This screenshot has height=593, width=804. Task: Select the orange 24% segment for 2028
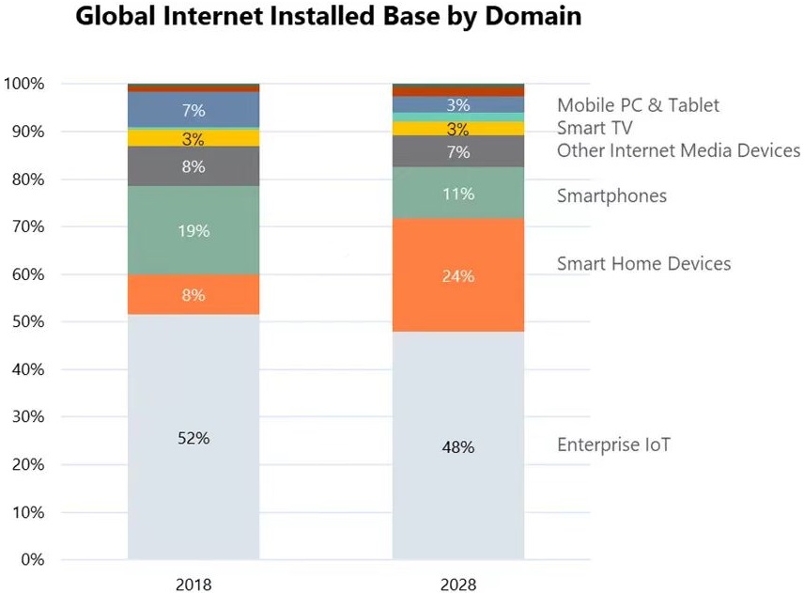tap(458, 276)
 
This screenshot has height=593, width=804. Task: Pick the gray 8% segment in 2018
tap(193, 166)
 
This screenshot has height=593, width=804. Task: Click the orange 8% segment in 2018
tap(193, 295)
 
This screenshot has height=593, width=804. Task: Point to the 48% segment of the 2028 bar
tap(458, 447)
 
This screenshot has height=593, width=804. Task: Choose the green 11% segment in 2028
tap(458, 194)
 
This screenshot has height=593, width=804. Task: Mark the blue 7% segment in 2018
tap(193, 110)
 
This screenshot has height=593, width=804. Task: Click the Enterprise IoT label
tap(613, 445)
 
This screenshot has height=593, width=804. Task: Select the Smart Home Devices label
tap(643, 263)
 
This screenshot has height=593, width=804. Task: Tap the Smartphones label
tap(611, 195)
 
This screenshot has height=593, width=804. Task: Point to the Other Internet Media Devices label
tap(678, 150)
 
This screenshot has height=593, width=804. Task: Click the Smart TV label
tap(595, 128)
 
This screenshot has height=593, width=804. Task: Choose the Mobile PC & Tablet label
tap(638, 105)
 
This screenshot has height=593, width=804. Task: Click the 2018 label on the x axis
tap(193, 584)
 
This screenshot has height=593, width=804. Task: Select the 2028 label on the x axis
tap(458, 584)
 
